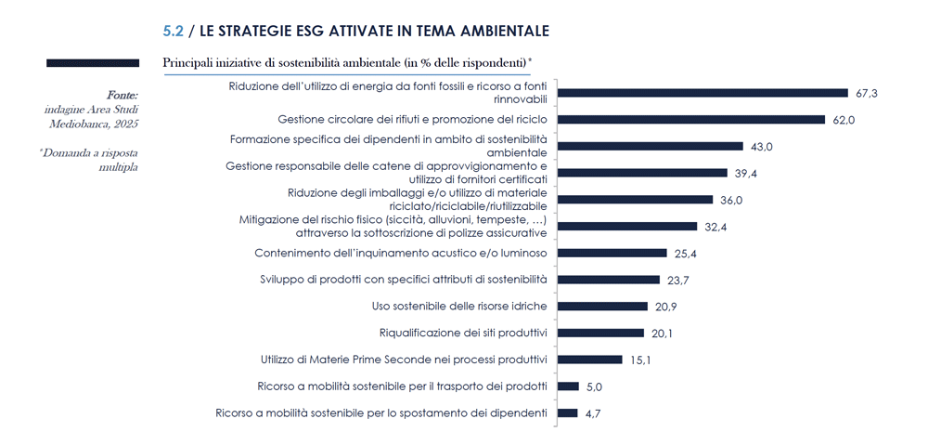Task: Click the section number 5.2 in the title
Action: click(173, 31)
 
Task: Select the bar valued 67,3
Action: click(702, 93)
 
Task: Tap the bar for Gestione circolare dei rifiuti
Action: click(691, 120)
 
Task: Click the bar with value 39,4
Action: click(641, 173)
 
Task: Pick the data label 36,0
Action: click(729, 199)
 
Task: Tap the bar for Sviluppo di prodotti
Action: click(608, 280)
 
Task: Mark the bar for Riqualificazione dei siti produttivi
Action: click(600, 333)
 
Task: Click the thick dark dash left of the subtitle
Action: click(93, 63)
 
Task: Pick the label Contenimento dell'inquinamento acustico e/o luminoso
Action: click(401, 253)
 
